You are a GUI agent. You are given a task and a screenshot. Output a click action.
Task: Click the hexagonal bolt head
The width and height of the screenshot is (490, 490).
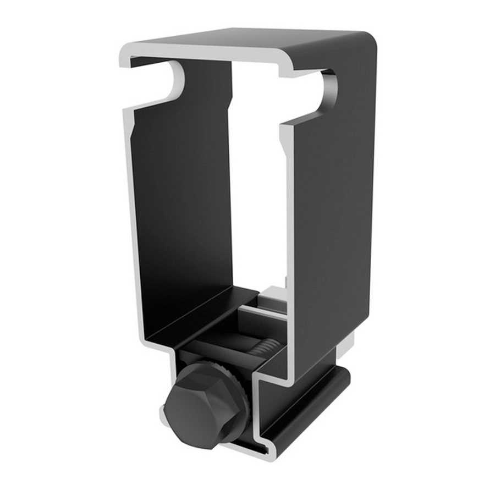point(200,404)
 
